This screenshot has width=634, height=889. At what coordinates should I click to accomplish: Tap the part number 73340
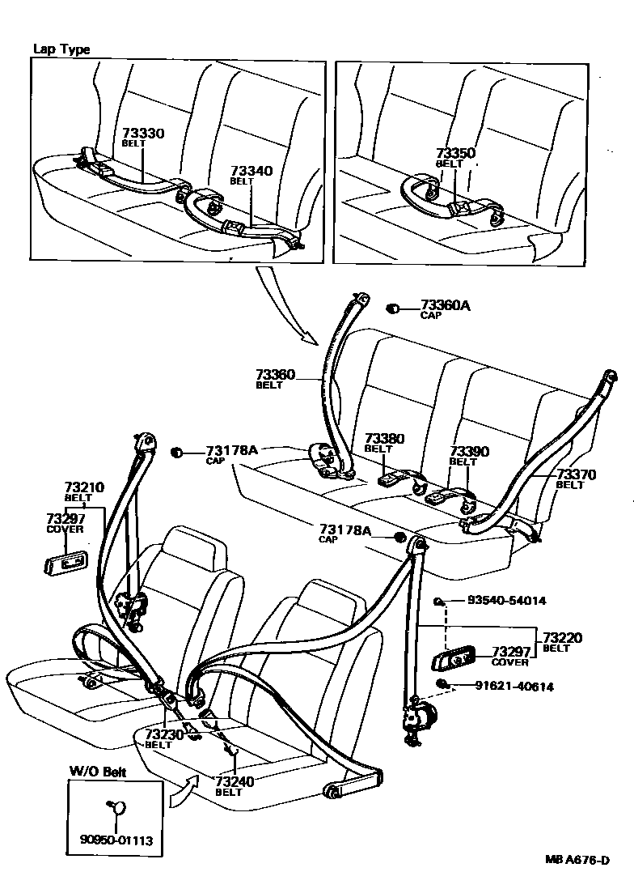pos(251,172)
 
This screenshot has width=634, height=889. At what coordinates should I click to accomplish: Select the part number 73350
pos(455,153)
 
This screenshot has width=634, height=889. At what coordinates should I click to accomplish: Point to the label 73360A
pos(445,305)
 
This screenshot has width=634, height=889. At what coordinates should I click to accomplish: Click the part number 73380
pos(384,438)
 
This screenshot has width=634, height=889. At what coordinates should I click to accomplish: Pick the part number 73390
pos(469,451)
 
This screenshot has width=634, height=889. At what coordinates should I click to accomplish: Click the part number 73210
pos(85,487)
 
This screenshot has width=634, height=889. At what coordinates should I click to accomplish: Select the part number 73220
pos(562,637)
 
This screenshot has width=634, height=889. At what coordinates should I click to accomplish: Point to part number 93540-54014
pos(507,601)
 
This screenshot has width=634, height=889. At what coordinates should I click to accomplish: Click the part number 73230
pos(165,734)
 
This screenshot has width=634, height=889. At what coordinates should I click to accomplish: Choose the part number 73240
pos(235,781)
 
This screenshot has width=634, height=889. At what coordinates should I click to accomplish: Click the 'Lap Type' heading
pos(61,49)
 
